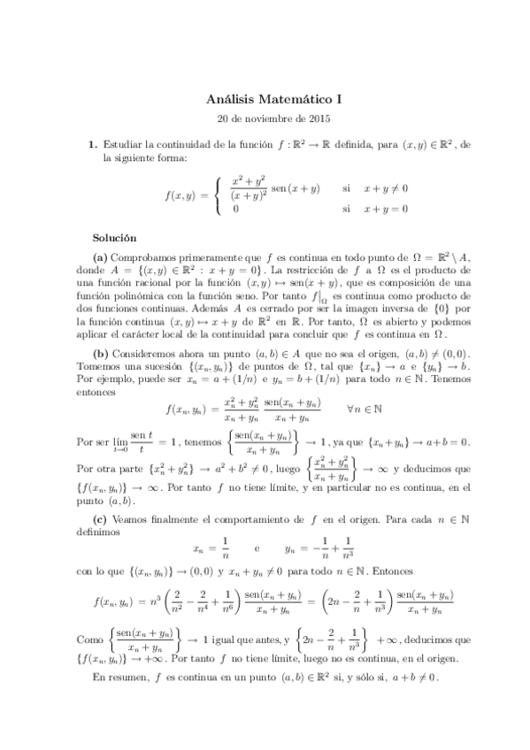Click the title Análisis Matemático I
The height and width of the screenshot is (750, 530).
(265, 101)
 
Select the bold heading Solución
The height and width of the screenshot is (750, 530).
(115, 238)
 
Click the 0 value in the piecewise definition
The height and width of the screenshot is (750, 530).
(235, 210)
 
